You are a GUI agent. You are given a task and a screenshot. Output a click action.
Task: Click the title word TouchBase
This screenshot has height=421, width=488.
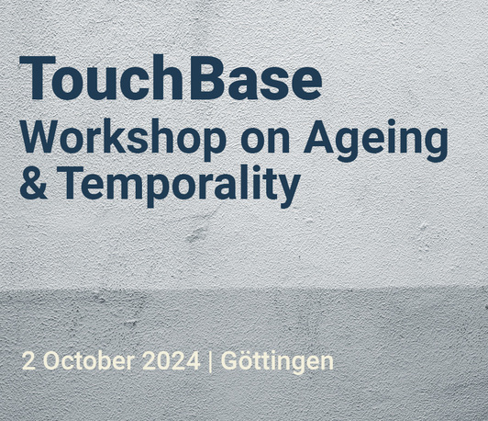pos(171,77)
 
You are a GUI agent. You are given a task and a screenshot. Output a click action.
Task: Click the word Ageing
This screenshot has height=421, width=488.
pos(376,141)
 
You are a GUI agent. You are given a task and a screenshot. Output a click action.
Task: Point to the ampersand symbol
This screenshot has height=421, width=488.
pos(34,183)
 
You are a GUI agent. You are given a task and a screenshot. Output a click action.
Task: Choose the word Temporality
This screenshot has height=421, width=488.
pos(181,187)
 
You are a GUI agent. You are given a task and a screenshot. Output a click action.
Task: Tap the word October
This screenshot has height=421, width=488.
pos(89,360)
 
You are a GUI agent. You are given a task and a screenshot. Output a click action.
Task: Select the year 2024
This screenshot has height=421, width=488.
pos(171,361)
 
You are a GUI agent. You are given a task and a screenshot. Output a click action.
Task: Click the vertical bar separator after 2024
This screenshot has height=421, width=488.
pos(210,361)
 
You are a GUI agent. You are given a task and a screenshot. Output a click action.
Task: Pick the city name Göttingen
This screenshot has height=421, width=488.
pos(277,361)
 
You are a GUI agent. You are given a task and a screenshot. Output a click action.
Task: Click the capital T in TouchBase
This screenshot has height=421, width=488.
pos(38,78)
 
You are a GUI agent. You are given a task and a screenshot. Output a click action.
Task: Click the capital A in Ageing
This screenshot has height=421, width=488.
pos(319,136)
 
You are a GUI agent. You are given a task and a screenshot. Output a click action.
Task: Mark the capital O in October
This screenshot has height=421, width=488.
pos(51,361)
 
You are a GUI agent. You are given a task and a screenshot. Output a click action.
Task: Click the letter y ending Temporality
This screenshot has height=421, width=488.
pos(289,191)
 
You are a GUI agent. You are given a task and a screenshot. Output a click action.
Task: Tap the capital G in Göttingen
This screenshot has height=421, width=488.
pos(228,361)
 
